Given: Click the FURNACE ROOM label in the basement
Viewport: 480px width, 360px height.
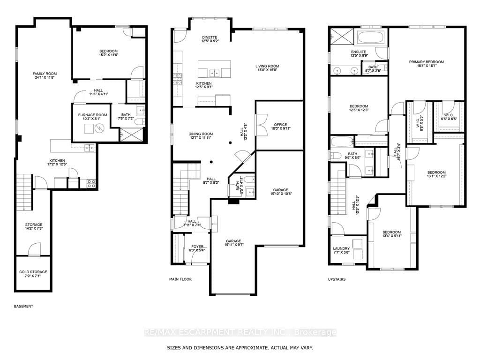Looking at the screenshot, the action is tap(92, 115).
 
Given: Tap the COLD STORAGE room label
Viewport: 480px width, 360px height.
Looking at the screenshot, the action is tap(33, 272).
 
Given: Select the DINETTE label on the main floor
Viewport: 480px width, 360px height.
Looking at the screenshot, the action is tap(210, 37).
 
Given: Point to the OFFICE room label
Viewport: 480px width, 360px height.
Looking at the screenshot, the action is tap(280, 125).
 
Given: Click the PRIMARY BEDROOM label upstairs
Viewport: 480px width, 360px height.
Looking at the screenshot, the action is tap(427, 62).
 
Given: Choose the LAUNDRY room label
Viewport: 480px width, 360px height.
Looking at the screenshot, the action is tap(341, 248).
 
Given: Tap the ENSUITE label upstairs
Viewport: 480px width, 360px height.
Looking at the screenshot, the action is tap(359, 52).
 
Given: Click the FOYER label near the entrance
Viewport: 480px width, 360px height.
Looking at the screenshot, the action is tap(197, 247).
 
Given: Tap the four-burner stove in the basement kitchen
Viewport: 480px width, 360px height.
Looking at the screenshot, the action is tap(91, 183).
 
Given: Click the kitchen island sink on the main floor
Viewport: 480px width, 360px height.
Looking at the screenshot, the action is tap(214, 73).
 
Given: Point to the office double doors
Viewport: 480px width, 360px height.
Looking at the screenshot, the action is tap(262, 125).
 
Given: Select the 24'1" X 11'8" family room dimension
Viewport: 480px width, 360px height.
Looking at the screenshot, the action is tap(45, 77).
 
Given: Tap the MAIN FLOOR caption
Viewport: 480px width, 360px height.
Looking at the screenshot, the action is tap(180, 279).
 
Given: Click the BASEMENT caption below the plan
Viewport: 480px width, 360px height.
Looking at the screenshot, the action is tap(23, 306).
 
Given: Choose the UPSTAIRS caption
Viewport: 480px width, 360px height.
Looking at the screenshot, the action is tap(337, 279).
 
